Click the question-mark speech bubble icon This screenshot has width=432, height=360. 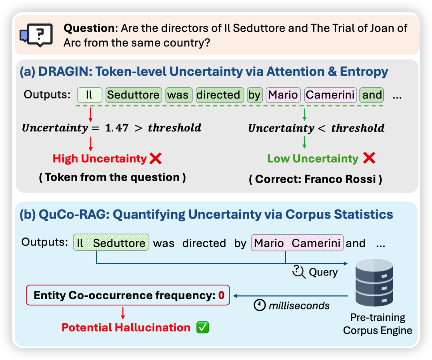click(x=36, y=35)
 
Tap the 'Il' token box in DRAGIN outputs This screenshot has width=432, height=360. click(x=90, y=95)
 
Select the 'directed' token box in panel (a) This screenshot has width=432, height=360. click(x=220, y=95)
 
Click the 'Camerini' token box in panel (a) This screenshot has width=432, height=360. click(x=330, y=95)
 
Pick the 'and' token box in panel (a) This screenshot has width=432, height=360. click(x=372, y=95)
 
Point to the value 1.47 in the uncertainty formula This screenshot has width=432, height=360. click(x=117, y=128)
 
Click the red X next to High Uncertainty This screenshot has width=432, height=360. click(x=156, y=159)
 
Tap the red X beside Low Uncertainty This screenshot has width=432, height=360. click(x=369, y=158)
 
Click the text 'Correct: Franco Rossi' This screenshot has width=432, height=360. click(x=316, y=179)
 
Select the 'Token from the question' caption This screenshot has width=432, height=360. click(x=112, y=177)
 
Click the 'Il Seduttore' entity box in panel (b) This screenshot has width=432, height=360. click(x=111, y=242)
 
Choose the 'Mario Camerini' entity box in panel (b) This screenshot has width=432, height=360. click(x=297, y=243)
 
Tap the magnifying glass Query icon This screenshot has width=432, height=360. click(x=299, y=272)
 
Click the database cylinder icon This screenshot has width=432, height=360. click(x=374, y=282)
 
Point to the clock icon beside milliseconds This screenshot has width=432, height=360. click(x=260, y=305)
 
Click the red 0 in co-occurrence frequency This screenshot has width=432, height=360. click(x=221, y=295)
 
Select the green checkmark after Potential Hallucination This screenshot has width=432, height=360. click(x=202, y=328)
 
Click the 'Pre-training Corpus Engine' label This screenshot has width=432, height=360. click(x=378, y=324)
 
